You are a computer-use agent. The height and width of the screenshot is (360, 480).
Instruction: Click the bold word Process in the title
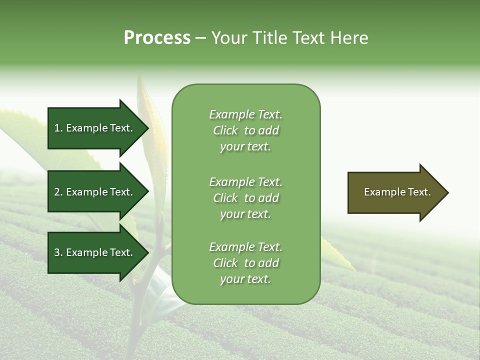click(157, 38)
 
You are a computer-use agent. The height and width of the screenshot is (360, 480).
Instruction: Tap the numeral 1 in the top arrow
click(57, 128)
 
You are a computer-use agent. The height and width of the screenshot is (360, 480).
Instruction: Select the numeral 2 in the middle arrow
click(57, 192)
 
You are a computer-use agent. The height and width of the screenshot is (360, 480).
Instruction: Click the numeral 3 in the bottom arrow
click(57, 252)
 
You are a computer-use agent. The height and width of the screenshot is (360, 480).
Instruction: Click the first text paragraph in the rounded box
click(245, 130)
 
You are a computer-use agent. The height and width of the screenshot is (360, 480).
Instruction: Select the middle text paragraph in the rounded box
click(245, 198)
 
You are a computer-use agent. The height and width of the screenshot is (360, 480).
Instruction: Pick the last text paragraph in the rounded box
click(245, 263)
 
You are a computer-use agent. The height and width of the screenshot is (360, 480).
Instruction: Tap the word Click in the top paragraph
click(225, 130)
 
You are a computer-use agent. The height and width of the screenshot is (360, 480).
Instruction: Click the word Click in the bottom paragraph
click(225, 263)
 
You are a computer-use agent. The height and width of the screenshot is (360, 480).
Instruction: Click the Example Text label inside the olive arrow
click(397, 192)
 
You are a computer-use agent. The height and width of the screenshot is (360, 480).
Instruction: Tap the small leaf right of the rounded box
click(338, 255)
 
